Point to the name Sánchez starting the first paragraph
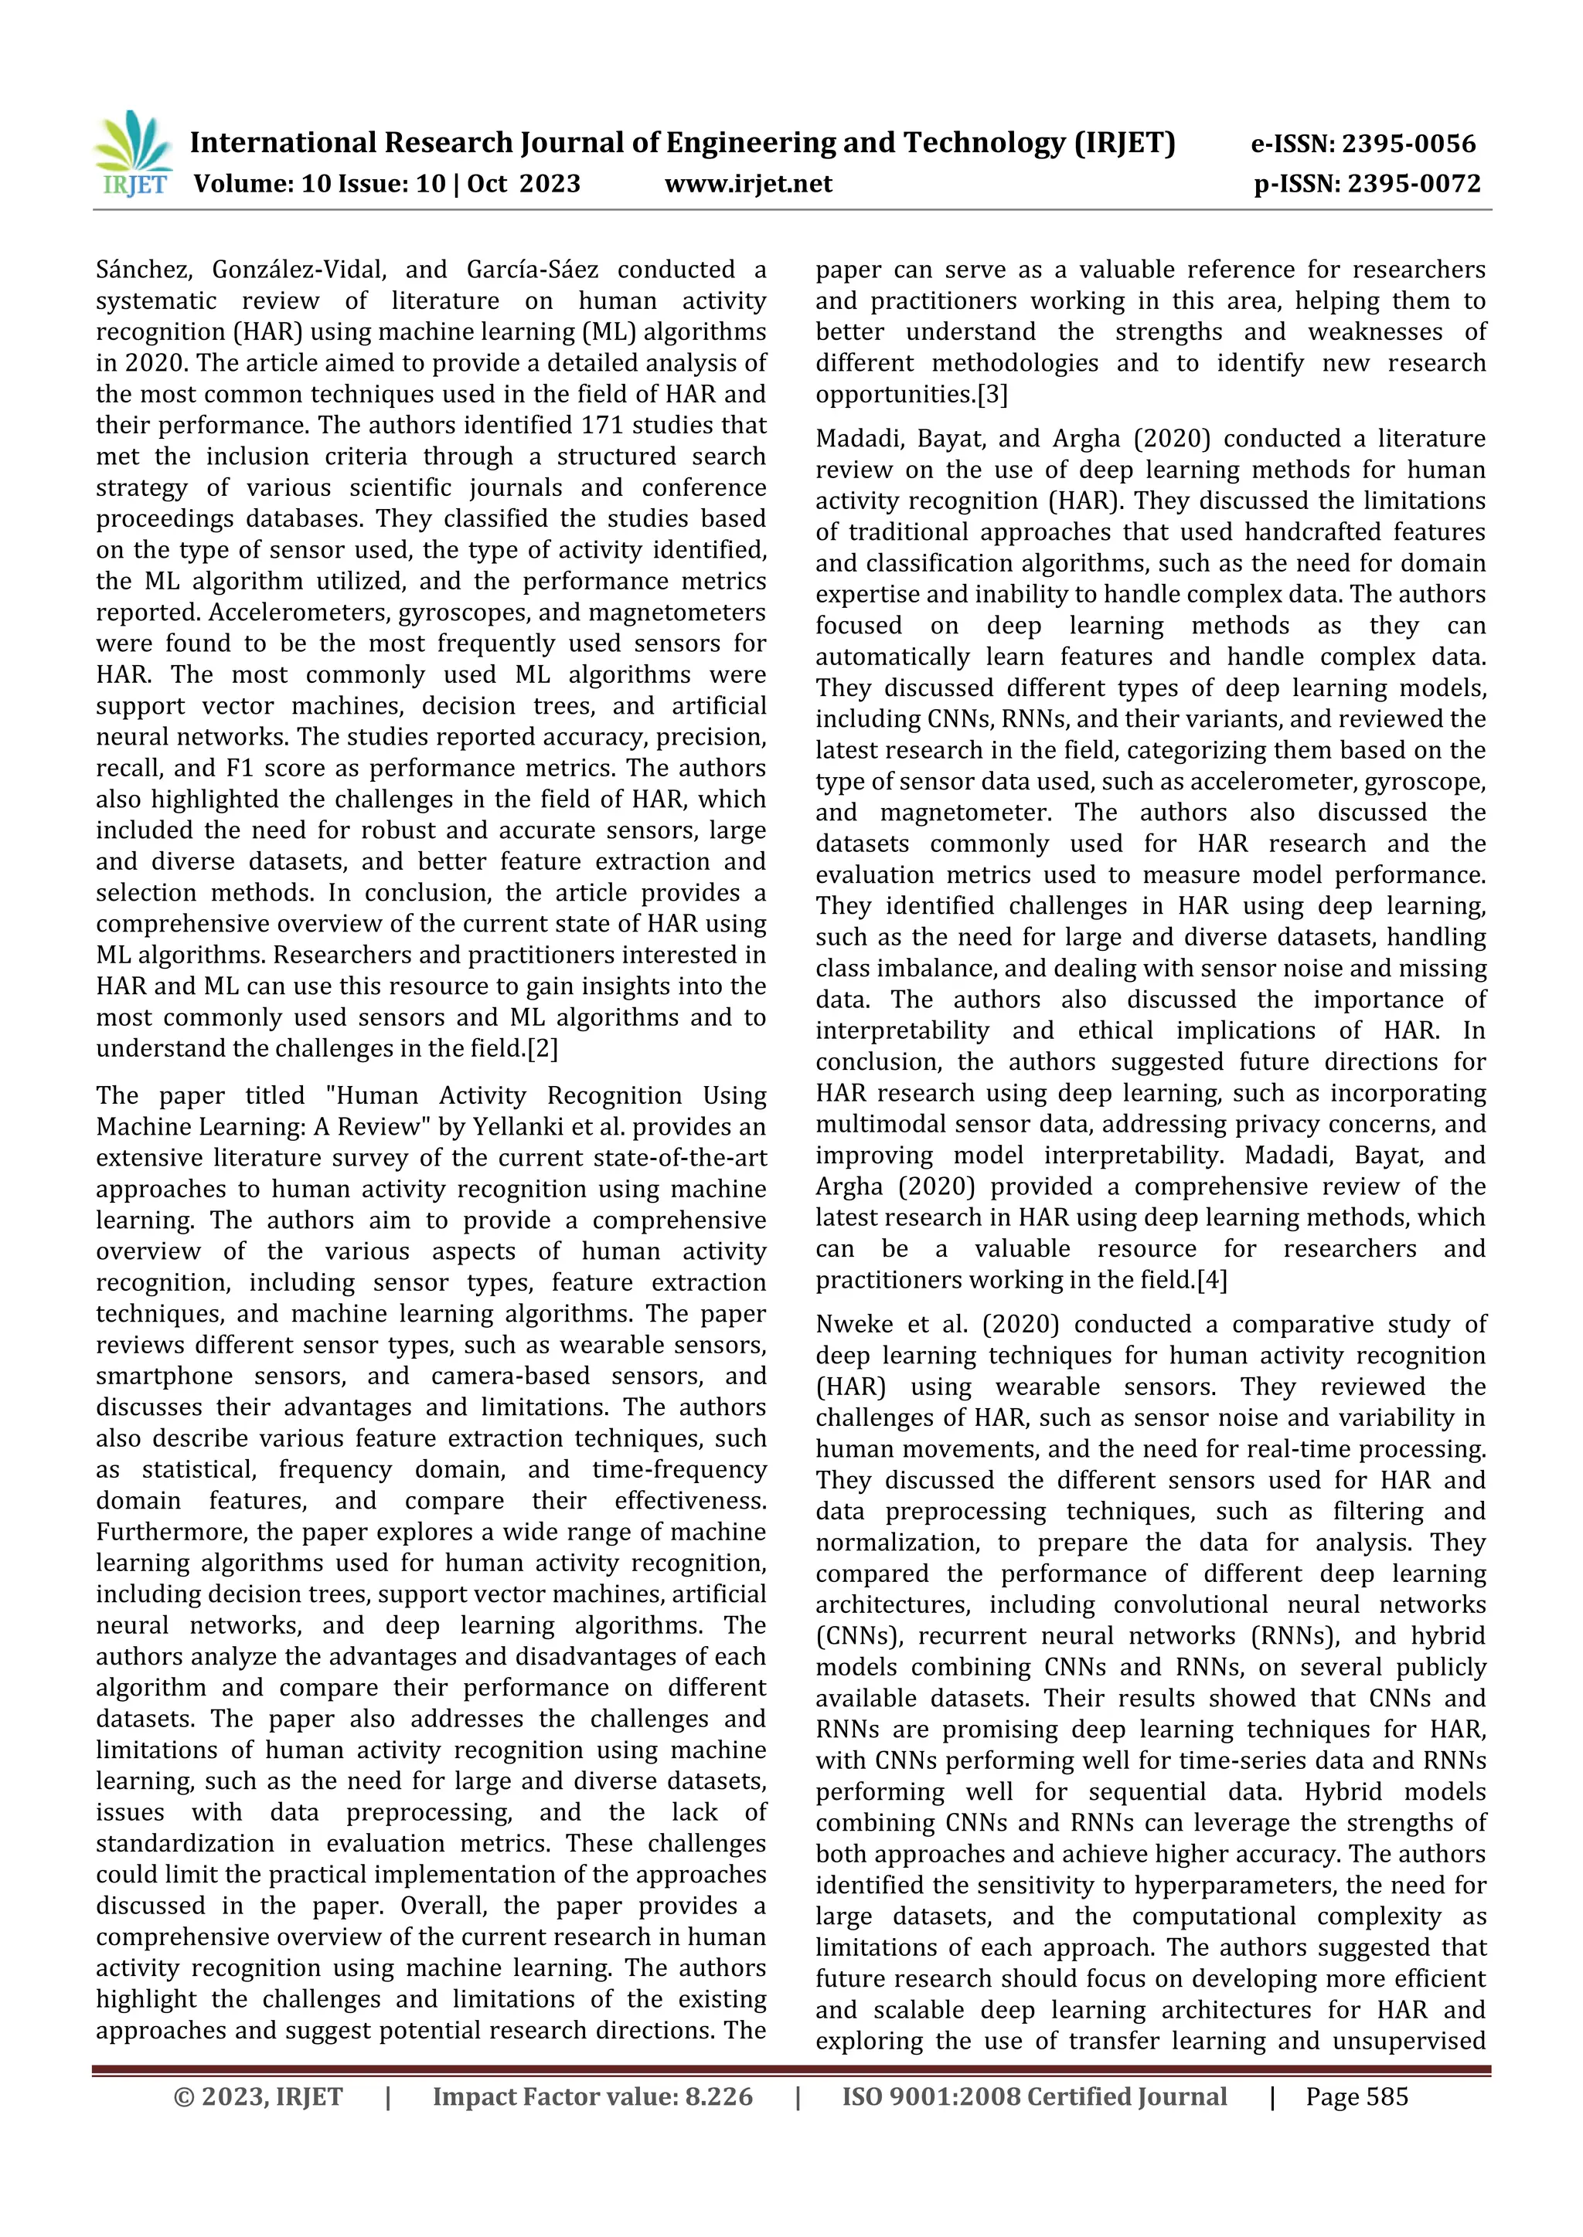[145, 270]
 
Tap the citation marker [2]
[542, 1049]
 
